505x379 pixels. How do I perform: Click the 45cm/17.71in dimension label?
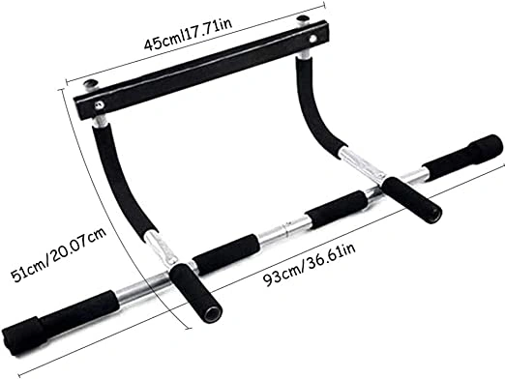(x=188, y=34)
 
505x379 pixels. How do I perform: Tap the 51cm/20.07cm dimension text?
(x=59, y=254)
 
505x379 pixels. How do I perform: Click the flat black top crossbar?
(x=201, y=71)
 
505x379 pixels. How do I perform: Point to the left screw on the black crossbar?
(x=99, y=103)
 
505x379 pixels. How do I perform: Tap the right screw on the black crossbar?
(x=312, y=39)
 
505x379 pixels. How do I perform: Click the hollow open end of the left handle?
(x=214, y=314)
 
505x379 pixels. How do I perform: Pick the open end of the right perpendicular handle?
(x=433, y=215)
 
